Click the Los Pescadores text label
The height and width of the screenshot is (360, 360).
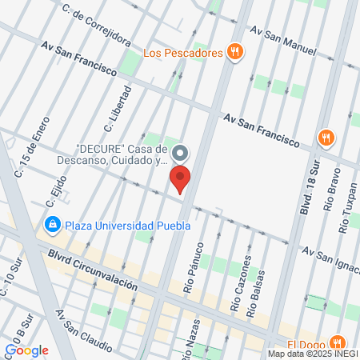point(182,54)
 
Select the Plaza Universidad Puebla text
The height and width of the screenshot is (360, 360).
point(128,225)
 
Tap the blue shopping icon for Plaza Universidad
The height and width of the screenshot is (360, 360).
point(53,225)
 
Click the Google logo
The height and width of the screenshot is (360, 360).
point(26,350)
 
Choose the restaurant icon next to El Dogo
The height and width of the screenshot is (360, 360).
point(338,339)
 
